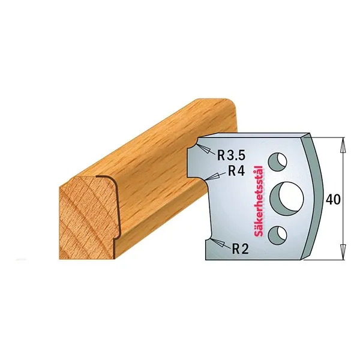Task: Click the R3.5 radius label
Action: [x=231, y=155]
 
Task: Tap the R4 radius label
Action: [x=236, y=171]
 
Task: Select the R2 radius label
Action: [x=240, y=248]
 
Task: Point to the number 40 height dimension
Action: [x=333, y=200]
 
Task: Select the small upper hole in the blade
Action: [x=278, y=161]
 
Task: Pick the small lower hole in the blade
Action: [x=278, y=235]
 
